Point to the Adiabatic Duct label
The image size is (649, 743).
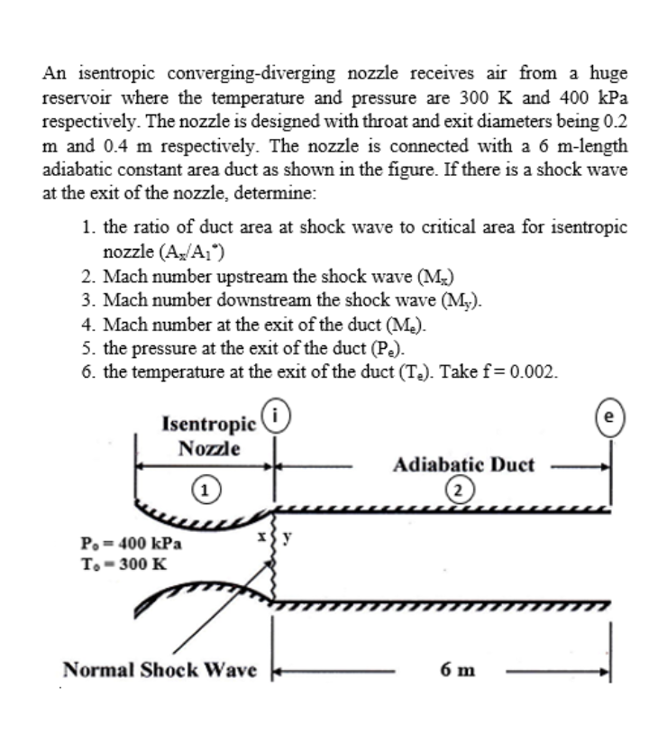pos(464,465)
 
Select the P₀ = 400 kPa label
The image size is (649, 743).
pos(131,544)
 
